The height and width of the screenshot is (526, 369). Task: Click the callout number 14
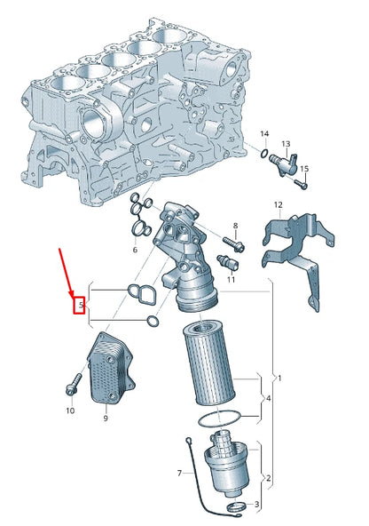point(263,134)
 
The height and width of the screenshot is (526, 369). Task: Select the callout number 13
point(287,143)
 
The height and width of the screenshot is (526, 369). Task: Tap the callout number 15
point(304,169)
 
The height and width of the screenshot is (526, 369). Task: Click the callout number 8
point(235,227)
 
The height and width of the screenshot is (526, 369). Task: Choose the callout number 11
point(231,280)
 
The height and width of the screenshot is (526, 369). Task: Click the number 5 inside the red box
point(80,307)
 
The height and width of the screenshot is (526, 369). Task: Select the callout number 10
point(70,410)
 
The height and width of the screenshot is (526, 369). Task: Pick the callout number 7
point(179,472)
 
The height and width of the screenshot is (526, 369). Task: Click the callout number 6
point(135,251)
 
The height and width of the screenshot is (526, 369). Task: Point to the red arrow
point(67,275)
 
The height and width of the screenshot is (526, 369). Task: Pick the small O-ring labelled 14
point(264,155)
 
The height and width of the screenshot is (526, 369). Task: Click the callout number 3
point(257,505)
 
